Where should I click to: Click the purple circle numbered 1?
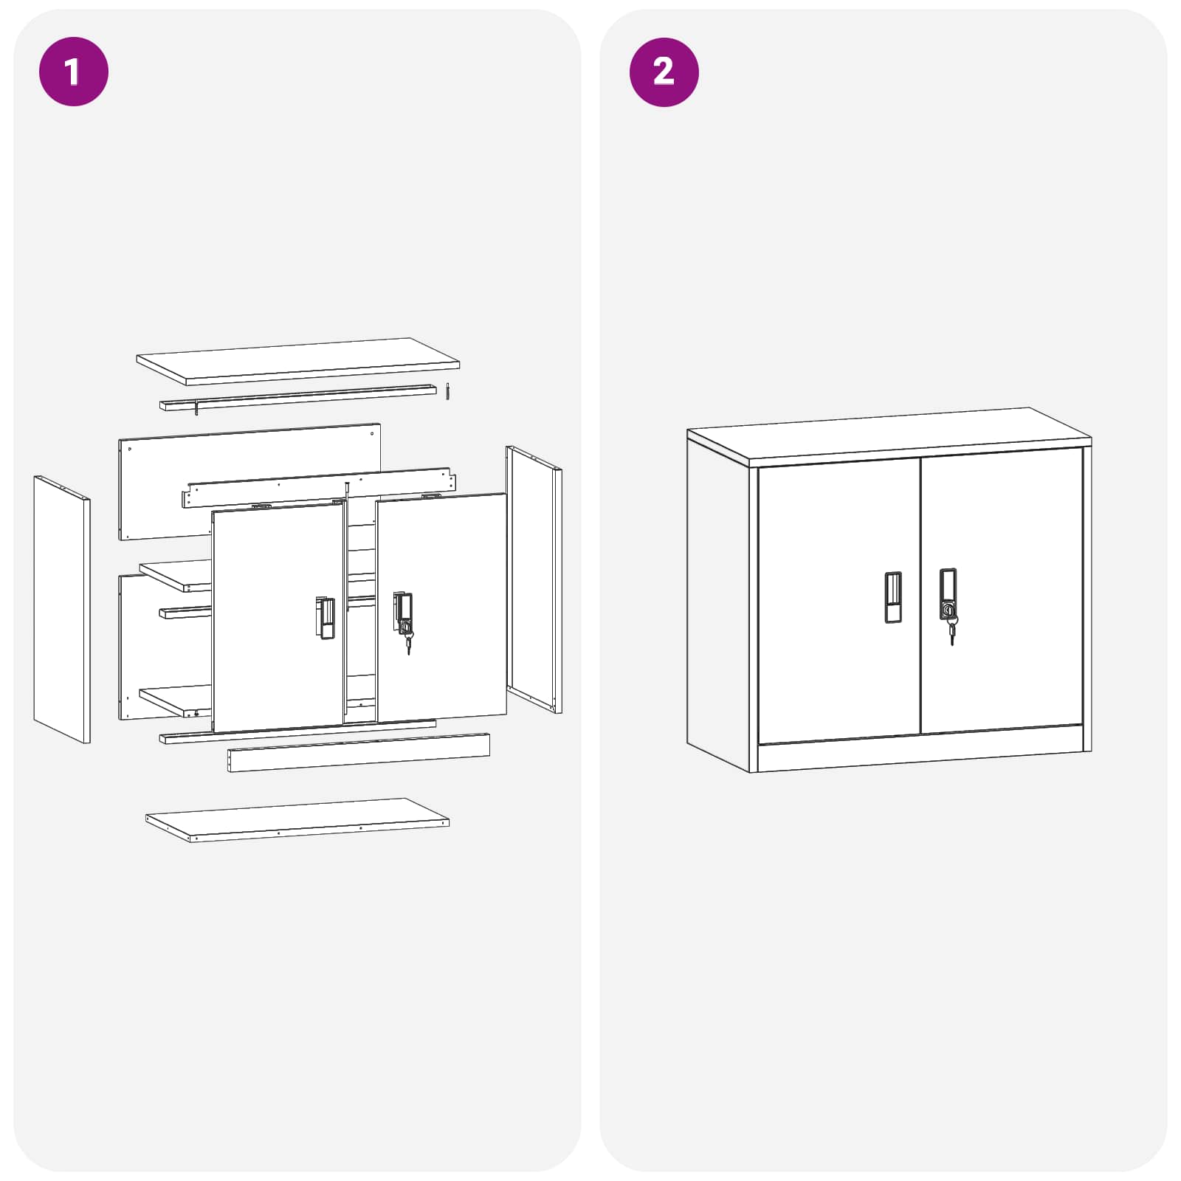(73, 72)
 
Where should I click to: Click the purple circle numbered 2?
(664, 72)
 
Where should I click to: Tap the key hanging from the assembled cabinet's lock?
(952, 633)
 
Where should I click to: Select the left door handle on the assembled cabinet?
(893, 597)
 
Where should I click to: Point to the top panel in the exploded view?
(297, 361)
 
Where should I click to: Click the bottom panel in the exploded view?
(297, 819)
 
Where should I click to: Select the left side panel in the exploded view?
(61, 609)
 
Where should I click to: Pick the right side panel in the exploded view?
(534, 579)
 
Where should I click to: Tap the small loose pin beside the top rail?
(447, 391)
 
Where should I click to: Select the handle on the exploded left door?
(326, 619)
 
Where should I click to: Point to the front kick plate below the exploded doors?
(358, 753)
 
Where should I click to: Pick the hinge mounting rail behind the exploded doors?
(317, 487)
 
